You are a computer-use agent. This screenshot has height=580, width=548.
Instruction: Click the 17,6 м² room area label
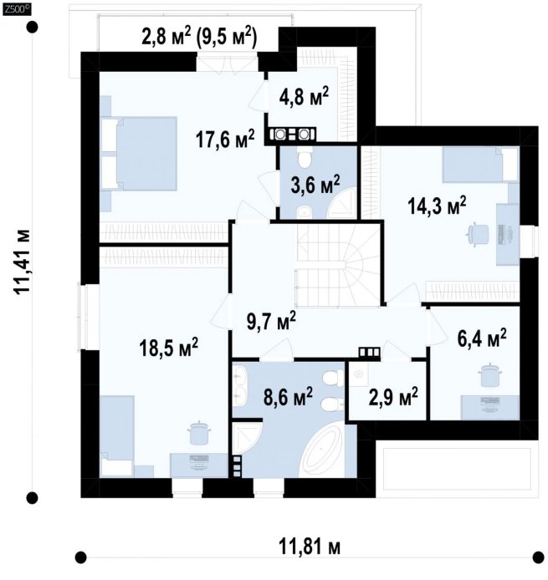click(x=225, y=139)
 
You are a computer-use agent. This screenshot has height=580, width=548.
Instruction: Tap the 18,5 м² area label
click(x=168, y=347)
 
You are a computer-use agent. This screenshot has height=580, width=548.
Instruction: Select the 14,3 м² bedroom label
click(x=437, y=206)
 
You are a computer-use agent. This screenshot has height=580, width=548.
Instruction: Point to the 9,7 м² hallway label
click(x=271, y=320)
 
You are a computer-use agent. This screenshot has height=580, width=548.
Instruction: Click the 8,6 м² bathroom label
click(x=288, y=397)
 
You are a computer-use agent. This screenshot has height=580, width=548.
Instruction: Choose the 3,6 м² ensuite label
click(x=315, y=185)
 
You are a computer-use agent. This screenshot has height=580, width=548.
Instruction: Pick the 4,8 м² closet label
click(x=304, y=96)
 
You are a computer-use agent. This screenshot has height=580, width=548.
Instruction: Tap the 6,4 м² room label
click(x=482, y=338)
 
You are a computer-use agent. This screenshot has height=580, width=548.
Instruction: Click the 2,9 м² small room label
click(x=393, y=397)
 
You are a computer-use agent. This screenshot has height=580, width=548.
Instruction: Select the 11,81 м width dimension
click(x=310, y=547)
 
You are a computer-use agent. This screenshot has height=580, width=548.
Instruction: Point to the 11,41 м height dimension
click(x=23, y=262)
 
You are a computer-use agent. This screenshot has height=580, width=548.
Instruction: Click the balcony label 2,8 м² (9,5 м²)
click(x=199, y=37)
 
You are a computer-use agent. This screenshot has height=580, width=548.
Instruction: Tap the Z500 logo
click(x=17, y=10)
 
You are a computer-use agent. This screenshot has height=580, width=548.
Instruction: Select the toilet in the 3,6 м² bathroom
click(x=305, y=156)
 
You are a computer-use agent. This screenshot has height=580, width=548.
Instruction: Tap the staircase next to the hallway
click(x=338, y=266)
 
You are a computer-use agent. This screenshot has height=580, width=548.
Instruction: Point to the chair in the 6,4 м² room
click(x=491, y=374)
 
